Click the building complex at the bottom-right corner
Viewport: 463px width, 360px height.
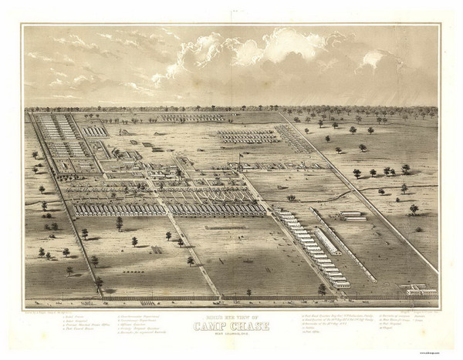(x=420, y=290)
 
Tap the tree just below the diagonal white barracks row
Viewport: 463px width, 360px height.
(x=322, y=288)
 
